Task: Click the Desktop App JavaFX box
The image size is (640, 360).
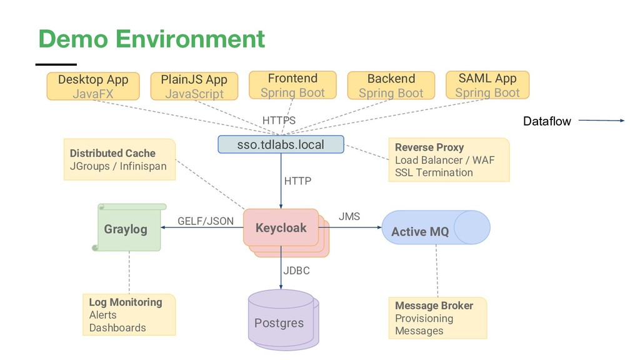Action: [93, 86]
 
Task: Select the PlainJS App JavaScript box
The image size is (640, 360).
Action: [194, 86]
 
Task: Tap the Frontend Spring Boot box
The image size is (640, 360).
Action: [292, 85]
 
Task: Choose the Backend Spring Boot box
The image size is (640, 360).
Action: [391, 86]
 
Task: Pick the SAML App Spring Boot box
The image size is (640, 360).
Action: [487, 85]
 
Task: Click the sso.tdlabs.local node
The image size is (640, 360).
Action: [281, 144]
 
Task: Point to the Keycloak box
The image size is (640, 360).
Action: [281, 227]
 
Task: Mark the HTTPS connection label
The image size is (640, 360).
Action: [279, 120]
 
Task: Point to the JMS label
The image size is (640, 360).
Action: [349, 216]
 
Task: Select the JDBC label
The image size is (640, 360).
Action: [296, 271]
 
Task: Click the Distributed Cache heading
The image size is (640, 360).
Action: [112, 153]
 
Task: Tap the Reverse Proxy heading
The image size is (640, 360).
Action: [429, 147]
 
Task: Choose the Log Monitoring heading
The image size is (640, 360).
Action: [125, 302]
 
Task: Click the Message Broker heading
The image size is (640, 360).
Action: [434, 306]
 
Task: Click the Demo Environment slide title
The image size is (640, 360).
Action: [151, 39]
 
